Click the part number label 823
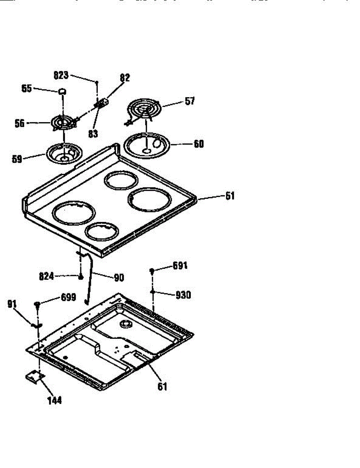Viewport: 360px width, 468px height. (61, 76)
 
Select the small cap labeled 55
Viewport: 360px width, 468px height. (62, 91)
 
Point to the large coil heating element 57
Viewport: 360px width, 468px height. (143, 108)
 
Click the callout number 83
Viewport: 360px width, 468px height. (93, 134)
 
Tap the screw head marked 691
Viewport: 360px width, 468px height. (152, 271)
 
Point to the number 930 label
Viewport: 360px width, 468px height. (183, 295)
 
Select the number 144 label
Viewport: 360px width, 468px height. (54, 400)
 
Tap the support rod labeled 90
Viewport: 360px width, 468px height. (89, 277)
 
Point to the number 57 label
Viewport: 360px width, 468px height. (190, 101)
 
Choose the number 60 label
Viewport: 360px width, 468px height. (198, 144)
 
